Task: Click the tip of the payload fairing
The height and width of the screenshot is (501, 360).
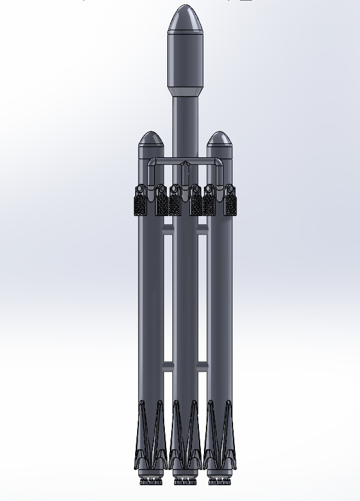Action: [x=184, y=7]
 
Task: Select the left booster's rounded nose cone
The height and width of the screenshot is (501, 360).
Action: [x=151, y=139]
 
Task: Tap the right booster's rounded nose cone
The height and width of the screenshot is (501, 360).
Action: [x=219, y=139]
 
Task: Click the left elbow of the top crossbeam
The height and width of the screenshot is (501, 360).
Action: [x=152, y=164]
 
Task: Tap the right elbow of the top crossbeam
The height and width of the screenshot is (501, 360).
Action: [x=218, y=164]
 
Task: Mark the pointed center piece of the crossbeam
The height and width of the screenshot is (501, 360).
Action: [x=185, y=166]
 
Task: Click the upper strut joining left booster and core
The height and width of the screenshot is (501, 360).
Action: [x=168, y=231]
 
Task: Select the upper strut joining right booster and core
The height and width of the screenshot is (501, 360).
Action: [x=202, y=231]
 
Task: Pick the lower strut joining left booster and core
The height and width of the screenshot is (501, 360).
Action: [x=168, y=366]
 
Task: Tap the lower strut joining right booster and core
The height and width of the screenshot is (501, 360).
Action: [x=202, y=366]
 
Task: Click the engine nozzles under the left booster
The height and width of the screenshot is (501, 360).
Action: [x=150, y=481]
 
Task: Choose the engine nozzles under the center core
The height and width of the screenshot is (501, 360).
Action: [x=185, y=481]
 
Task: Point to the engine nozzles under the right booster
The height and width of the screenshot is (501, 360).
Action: [x=219, y=481]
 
